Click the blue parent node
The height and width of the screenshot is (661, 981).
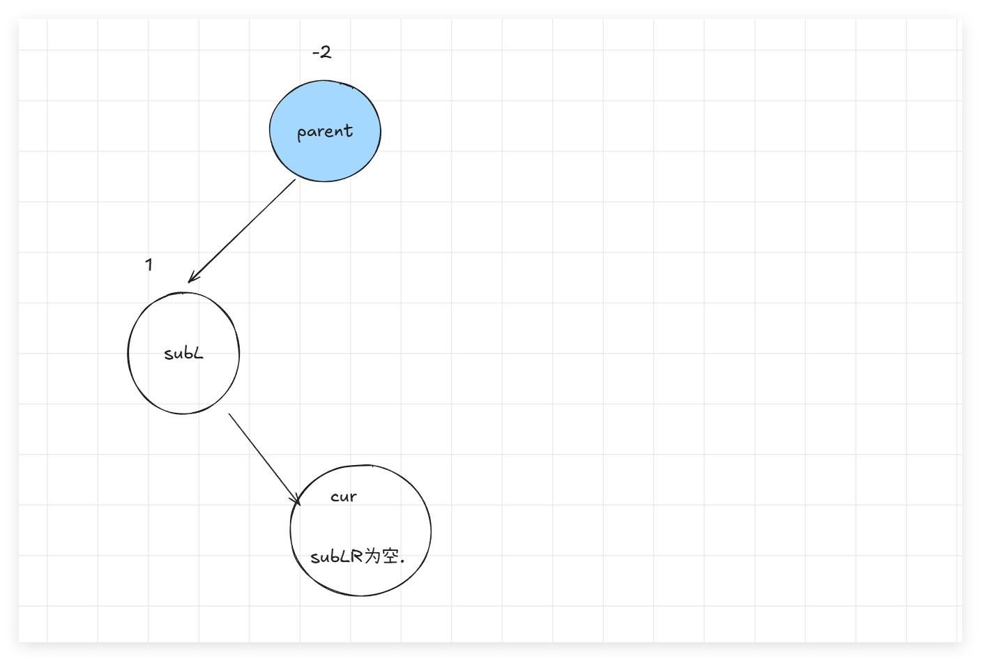[x=325, y=157]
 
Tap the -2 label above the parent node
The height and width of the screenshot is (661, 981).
[x=321, y=52]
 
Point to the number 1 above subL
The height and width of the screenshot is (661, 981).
[x=149, y=265]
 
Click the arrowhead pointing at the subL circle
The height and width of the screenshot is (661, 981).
[x=191, y=279]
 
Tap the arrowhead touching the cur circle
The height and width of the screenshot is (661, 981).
[x=297, y=499]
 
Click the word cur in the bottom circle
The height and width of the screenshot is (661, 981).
[x=343, y=497]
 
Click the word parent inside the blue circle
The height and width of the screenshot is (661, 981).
[x=325, y=132]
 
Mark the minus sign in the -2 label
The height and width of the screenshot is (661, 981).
[x=315, y=53]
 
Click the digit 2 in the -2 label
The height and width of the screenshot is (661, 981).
[x=326, y=52]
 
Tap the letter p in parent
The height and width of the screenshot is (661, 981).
[x=301, y=134]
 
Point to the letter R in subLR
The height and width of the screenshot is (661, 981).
[x=358, y=557]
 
